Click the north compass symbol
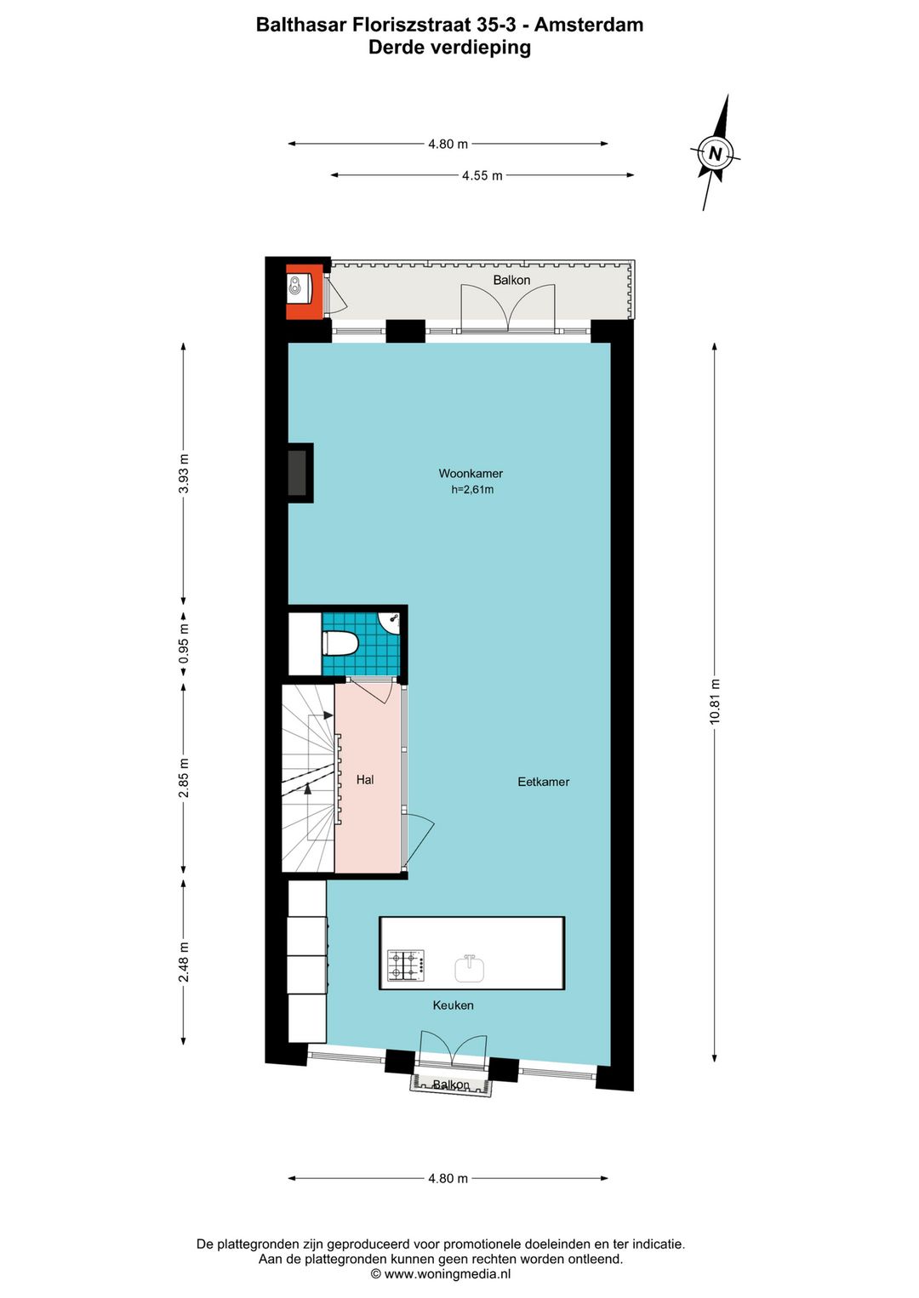(x=715, y=153)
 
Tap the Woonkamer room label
(x=471, y=474)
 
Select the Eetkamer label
(x=543, y=782)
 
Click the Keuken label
(x=453, y=1005)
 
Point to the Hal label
(x=365, y=779)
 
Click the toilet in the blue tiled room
(x=340, y=643)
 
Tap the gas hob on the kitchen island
(x=406, y=965)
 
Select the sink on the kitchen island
(x=469, y=968)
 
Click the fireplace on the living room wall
(x=298, y=473)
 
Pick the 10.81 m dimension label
(x=715, y=702)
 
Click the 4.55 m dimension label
(x=482, y=175)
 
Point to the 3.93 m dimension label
(x=184, y=474)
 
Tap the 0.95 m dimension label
(x=184, y=645)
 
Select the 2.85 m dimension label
(x=184, y=778)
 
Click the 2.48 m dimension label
(x=184, y=962)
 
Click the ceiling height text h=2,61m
(x=472, y=490)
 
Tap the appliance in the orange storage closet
(x=296, y=286)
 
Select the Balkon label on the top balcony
(x=511, y=280)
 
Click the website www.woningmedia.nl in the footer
(x=447, y=1274)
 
